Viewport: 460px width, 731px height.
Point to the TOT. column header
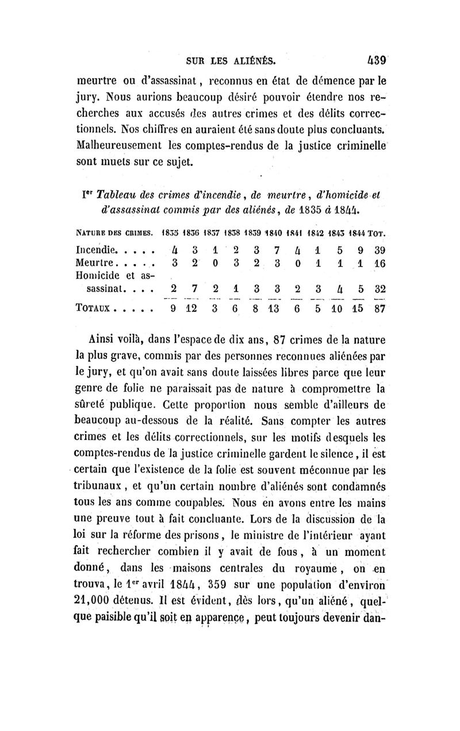(x=377, y=234)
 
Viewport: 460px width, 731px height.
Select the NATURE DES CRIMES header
(x=114, y=234)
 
